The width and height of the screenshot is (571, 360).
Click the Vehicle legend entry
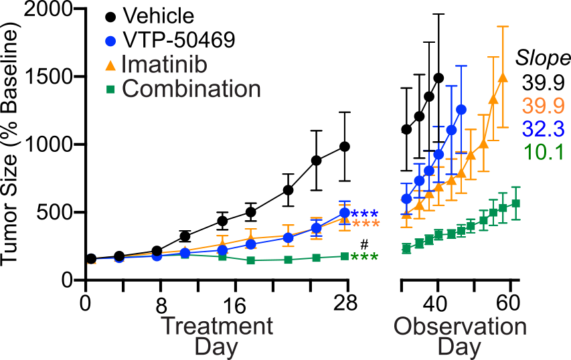[158, 15]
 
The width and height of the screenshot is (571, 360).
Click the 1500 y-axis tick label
[45, 76]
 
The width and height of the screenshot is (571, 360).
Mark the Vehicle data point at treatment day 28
[345, 147]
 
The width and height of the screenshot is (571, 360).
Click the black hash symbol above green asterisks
[365, 244]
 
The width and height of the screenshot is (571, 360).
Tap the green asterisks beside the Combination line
[365, 258]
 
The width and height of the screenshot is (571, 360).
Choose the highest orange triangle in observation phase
[503, 78]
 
